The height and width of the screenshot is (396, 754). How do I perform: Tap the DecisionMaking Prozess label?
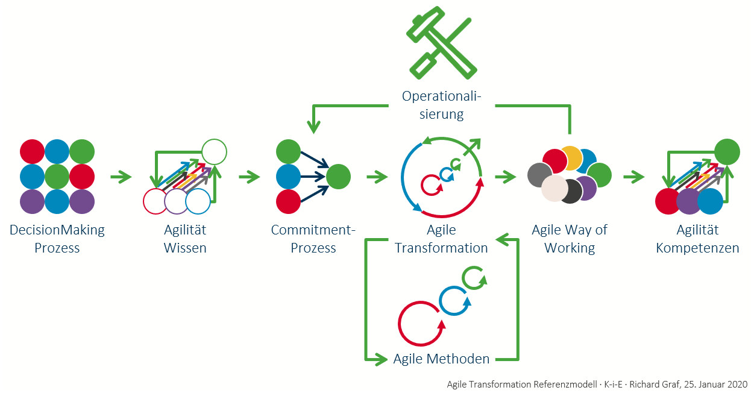(x=57, y=239)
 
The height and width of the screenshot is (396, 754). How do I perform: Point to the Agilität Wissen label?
(x=185, y=239)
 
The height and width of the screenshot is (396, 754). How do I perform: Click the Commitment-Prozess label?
(x=313, y=239)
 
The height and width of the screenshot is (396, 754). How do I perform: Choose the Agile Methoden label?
(x=441, y=359)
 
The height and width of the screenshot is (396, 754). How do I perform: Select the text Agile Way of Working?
(x=570, y=239)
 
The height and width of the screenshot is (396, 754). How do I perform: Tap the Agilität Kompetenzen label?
(x=697, y=239)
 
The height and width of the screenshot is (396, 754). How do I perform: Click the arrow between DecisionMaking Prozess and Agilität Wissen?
(x=121, y=177)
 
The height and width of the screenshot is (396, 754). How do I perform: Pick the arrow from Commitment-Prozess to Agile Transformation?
(x=377, y=177)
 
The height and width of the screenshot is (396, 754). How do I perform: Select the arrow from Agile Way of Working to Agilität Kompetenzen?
(x=634, y=177)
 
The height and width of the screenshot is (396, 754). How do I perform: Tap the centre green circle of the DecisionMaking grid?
(x=57, y=177)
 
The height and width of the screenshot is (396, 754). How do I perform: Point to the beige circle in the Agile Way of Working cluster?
(x=555, y=189)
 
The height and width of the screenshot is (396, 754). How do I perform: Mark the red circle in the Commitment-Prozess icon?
(x=289, y=201)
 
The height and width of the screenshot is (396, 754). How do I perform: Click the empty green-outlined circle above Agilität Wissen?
(x=214, y=152)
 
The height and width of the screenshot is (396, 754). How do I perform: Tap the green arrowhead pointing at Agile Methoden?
(x=380, y=359)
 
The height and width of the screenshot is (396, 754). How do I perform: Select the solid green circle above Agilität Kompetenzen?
(x=727, y=152)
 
